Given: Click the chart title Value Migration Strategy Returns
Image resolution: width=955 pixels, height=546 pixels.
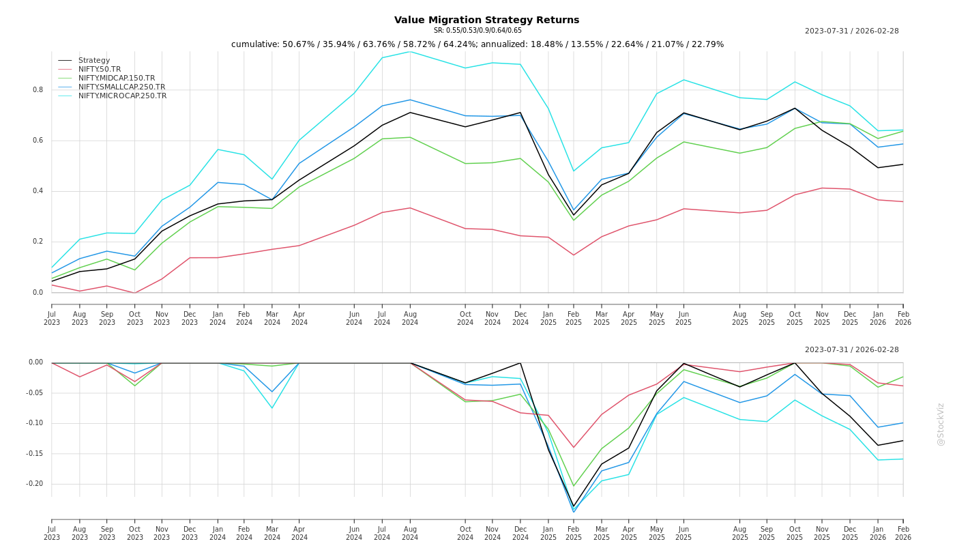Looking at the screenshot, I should click(486, 20).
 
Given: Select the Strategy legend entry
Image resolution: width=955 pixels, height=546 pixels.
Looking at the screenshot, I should click(94, 61).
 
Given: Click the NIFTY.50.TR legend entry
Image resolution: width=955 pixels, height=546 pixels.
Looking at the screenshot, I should click(100, 70).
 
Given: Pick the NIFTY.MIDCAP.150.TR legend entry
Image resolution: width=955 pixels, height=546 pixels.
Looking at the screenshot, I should click(117, 78).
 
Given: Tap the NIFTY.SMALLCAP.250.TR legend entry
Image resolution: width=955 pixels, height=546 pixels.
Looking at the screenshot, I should click(121, 87).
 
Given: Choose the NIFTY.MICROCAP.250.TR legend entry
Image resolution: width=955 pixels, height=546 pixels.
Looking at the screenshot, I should click(122, 96).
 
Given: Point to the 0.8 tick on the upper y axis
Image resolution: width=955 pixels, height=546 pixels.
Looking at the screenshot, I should click(38, 90).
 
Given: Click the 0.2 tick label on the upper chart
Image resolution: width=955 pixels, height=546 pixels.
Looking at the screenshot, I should click(38, 242).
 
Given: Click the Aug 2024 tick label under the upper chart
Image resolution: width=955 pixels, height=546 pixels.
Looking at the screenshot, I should click(410, 319).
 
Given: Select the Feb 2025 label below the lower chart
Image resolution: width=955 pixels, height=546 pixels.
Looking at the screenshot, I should click(574, 533).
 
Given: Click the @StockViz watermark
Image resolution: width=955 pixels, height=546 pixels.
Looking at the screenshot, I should click(941, 424).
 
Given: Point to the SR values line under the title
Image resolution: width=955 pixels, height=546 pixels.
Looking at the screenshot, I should click(477, 31).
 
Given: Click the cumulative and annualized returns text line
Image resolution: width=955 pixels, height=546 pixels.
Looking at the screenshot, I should click(477, 44).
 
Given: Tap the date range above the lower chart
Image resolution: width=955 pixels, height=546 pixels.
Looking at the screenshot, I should click(851, 350).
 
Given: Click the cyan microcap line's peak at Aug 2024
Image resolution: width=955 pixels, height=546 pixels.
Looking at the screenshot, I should click(410, 52).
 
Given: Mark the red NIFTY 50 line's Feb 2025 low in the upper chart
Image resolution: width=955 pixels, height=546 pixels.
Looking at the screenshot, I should click(574, 255).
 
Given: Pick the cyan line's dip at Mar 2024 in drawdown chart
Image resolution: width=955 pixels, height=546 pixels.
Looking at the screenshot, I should click(271, 408).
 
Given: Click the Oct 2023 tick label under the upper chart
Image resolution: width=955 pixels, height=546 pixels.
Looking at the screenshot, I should click(135, 319).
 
